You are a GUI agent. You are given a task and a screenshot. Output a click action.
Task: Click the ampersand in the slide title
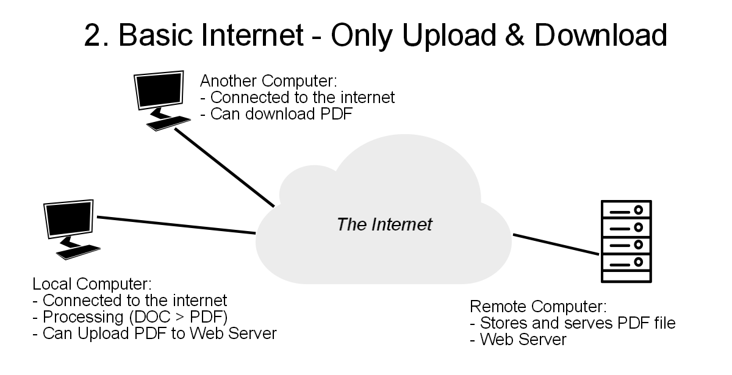tap(514, 35)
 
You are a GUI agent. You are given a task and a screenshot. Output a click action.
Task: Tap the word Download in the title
tap(601, 35)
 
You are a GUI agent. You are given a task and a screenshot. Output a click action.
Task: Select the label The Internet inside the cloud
tap(384, 224)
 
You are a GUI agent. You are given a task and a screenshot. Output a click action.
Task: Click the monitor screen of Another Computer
tap(159, 90)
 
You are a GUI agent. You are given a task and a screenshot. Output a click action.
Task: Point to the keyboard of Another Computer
tap(168, 123)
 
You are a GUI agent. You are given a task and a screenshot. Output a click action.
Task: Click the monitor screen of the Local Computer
tap(68, 218)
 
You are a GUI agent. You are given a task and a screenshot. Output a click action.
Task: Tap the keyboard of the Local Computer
tap(78, 252)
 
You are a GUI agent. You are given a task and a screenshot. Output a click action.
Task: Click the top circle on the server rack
tap(638, 210)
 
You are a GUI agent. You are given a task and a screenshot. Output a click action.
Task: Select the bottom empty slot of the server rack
tap(626, 276)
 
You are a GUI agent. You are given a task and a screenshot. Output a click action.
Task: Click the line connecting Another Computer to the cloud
tap(225, 168)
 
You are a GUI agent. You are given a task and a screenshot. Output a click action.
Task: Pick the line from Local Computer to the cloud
tap(176, 225)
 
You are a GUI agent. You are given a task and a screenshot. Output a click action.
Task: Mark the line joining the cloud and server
tap(556, 244)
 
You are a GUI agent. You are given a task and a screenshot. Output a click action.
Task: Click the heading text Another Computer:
tap(268, 80)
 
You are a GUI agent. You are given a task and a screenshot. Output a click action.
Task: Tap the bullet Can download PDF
tap(276, 114)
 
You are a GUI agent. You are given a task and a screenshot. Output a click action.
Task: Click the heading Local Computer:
tap(92, 284)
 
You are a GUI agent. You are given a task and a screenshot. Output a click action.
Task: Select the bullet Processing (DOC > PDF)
tap(130, 317)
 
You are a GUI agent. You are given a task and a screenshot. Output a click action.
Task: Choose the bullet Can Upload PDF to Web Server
tap(154, 334)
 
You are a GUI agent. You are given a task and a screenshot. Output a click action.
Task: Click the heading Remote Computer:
tap(538, 306)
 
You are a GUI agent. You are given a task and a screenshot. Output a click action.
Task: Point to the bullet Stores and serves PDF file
tap(573, 323)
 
